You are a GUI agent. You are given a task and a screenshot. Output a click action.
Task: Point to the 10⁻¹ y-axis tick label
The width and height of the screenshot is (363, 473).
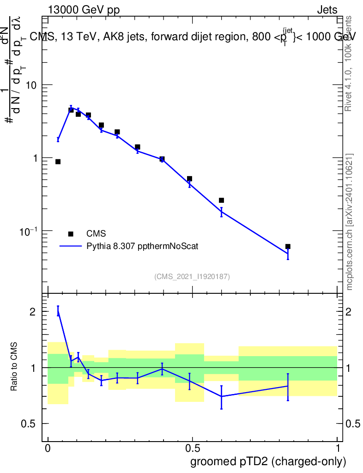29,231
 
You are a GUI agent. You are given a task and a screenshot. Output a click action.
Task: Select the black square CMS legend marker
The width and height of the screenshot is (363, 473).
71,234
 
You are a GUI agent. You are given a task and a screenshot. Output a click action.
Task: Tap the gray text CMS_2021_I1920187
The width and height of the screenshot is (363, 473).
192,277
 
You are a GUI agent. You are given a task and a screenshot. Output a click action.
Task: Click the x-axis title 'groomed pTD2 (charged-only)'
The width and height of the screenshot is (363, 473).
268,461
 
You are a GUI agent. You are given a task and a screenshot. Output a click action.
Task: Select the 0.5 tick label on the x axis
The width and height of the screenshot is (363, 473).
192,448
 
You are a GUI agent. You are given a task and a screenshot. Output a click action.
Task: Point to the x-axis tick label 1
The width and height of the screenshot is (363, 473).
338,448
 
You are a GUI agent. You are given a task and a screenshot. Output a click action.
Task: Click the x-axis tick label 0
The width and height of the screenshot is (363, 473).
48,448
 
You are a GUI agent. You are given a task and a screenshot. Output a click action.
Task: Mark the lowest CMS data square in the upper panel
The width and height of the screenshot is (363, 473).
288,247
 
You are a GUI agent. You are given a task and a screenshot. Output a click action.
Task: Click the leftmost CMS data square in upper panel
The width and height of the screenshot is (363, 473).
58,162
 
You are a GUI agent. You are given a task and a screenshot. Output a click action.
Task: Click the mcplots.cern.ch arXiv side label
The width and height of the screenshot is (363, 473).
350,222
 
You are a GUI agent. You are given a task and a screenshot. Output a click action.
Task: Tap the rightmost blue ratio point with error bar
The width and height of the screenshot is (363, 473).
288,386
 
